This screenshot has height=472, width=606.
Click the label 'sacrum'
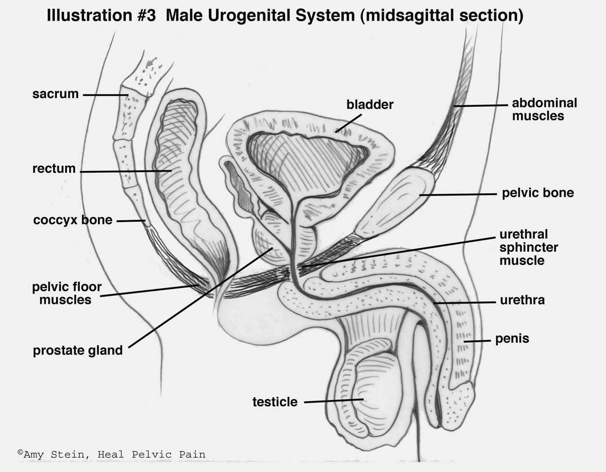(x=55, y=94)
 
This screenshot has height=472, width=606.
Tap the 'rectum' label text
(x=54, y=169)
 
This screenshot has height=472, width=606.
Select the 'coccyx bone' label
(x=73, y=220)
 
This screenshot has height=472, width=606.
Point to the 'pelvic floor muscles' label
(x=66, y=293)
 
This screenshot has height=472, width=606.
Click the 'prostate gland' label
(x=78, y=351)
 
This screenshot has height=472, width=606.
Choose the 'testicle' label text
(x=275, y=402)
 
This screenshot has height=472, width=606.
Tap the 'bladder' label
(x=370, y=105)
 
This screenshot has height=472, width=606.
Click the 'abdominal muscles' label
(x=544, y=109)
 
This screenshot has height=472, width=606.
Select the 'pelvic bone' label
(x=538, y=193)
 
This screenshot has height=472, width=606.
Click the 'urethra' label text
(x=522, y=300)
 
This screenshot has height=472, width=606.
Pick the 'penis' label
(x=512, y=338)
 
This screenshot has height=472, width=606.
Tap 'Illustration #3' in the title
(x=101, y=16)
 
